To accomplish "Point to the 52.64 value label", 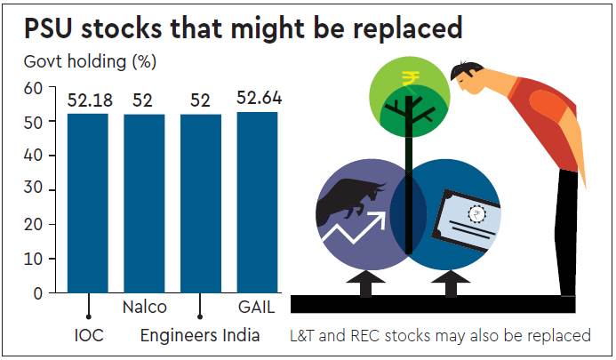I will (259, 98).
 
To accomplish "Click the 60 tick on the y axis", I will (33, 88).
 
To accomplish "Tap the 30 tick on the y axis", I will (33, 190).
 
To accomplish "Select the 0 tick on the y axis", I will (37, 293).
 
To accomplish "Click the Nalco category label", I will (144, 308).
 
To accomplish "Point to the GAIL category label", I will (257, 308).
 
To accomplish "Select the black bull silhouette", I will (352, 201).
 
